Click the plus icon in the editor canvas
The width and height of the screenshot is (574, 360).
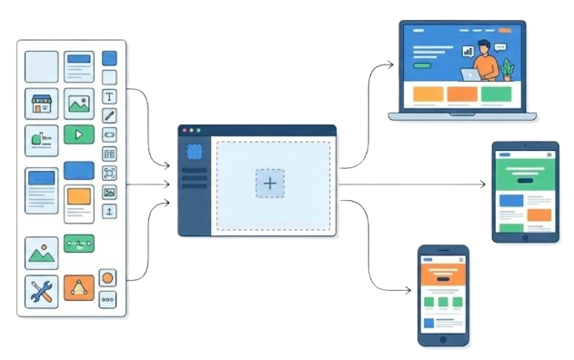(269, 183)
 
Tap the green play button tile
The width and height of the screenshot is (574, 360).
(79, 135)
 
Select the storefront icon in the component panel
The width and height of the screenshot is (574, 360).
(41, 104)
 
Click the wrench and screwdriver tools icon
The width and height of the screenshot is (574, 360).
(41, 291)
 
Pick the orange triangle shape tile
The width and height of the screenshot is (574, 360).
(78, 289)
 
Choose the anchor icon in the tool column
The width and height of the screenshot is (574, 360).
(109, 211)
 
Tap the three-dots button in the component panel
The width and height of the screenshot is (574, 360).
(107, 299)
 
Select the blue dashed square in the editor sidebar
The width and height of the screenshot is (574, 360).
(193, 154)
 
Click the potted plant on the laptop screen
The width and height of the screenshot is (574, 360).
(507, 69)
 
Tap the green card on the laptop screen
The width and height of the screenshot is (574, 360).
(496, 94)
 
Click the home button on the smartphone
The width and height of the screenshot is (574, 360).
(444, 340)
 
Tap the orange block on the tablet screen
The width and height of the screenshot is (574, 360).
(539, 214)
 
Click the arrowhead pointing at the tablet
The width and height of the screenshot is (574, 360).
(482, 184)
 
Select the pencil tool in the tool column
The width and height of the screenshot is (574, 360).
(109, 115)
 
